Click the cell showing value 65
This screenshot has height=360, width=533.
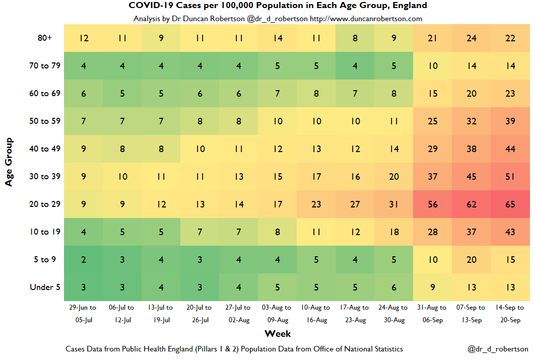[x=510, y=204]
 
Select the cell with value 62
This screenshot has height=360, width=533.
[x=471, y=204]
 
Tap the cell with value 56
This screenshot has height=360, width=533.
[x=432, y=204]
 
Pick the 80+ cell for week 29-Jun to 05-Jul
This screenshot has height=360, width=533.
[x=84, y=38]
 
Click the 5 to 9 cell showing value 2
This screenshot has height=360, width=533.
[x=84, y=260]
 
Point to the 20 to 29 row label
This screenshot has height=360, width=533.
[x=45, y=204]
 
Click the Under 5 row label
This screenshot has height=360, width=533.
[x=45, y=287]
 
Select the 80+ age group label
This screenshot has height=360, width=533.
[x=45, y=38]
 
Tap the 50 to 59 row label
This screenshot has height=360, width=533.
[x=45, y=121]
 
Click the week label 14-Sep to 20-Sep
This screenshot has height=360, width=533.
[x=510, y=314]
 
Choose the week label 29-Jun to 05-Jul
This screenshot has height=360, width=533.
[x=84, y=314]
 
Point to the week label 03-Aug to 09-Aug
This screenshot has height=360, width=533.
[x=278, y=314]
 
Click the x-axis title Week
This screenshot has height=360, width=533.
[x=278, y=333]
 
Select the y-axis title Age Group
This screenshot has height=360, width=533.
[x=9, y=162]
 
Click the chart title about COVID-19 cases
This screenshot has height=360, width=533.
[x=278, y=6]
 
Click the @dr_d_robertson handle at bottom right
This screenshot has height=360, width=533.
[x=498, y=349]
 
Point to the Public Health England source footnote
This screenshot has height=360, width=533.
[x=234, y=349]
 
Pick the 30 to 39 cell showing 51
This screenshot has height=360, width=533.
[x=510, y=177]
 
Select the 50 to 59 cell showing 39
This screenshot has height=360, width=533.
[x=510, y=121]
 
